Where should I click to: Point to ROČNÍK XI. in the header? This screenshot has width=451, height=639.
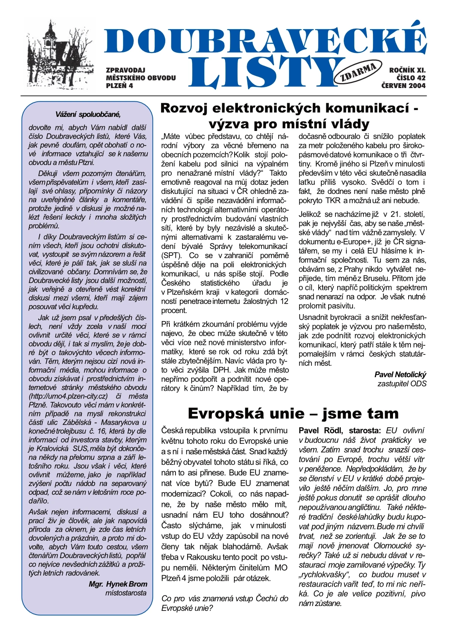[407, 70]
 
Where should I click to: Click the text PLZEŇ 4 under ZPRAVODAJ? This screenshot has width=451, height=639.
[119, 86]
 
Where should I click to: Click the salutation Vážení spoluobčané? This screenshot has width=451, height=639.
[88, 114]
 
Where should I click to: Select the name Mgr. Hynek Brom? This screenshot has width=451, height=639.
[118, 584]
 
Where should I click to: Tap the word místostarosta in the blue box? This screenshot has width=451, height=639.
[126, 593]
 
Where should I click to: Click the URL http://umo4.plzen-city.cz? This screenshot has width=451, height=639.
[69, 396]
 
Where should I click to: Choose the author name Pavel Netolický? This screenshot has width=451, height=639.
[400, 375]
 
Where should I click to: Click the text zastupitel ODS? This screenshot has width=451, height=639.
[402, 384]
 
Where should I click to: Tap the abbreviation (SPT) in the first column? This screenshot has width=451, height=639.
[171, 256]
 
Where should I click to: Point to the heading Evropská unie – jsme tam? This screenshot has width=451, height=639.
[293, 413]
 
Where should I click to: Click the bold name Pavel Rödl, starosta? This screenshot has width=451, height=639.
[340, 431]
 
